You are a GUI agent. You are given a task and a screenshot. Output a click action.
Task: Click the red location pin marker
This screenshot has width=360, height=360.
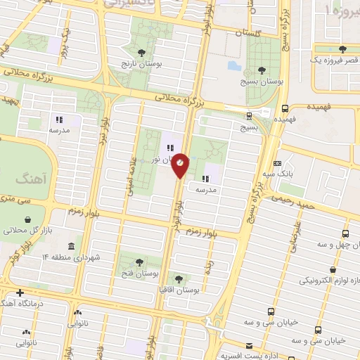coord(181,164)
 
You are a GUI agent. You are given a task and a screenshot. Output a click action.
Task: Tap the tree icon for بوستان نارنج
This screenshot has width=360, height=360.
coord(142,53)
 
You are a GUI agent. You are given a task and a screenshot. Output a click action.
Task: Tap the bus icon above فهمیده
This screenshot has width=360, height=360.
coord(285,109)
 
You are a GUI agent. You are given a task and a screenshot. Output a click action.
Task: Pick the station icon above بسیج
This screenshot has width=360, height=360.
coord(250,116)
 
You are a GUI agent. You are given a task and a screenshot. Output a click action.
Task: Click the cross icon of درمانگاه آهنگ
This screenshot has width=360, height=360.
coord(20,292)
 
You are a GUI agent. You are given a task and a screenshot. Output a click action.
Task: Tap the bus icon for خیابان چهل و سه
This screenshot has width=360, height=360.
coord(345,233)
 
